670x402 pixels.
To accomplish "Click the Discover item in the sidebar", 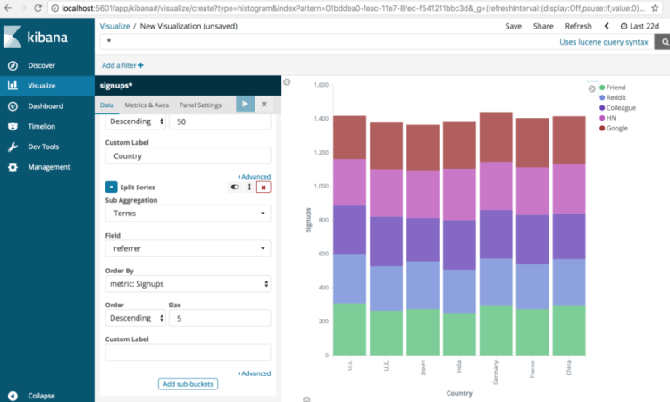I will [x=41, y=65].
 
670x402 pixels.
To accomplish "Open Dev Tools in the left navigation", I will [x=43, y=147].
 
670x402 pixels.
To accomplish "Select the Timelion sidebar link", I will [x=41, y=126].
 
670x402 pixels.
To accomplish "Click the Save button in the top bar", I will [x=513, y=27].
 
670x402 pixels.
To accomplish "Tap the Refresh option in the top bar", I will [x=578, y=27].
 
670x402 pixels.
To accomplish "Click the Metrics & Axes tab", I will [x=145, y=105].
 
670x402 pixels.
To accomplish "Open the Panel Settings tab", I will [x=200, y=105].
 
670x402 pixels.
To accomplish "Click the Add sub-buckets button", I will [x=188, y=384].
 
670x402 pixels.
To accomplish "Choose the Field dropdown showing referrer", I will [x=188, y=249].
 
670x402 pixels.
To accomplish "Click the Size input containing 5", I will [x=219, y=318].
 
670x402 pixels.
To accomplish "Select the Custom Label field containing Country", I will [x=188, y=155].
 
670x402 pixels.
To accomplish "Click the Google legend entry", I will [x=616, y=128].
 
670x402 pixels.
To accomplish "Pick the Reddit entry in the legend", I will [x=616, y=97].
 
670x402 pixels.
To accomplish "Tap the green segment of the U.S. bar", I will [x=349, y=328].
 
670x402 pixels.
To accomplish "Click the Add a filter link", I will [x=122, y=65].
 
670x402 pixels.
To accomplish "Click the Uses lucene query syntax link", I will [x=603, y=42].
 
